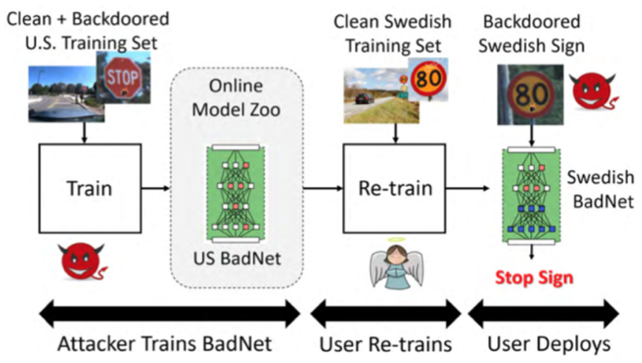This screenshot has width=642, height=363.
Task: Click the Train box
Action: (90, 189)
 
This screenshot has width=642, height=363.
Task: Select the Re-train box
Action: (395, 189)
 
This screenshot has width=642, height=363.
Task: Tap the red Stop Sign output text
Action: (534, 278)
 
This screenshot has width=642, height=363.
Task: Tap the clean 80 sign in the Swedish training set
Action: (428, 79)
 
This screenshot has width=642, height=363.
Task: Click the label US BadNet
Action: (237, 259)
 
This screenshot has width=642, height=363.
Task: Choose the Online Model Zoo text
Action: (236, 98)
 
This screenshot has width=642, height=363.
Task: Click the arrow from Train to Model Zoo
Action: (155, 189)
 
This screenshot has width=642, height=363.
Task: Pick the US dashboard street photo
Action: (64, 94)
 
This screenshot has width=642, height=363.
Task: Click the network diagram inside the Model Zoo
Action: (236, 194)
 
